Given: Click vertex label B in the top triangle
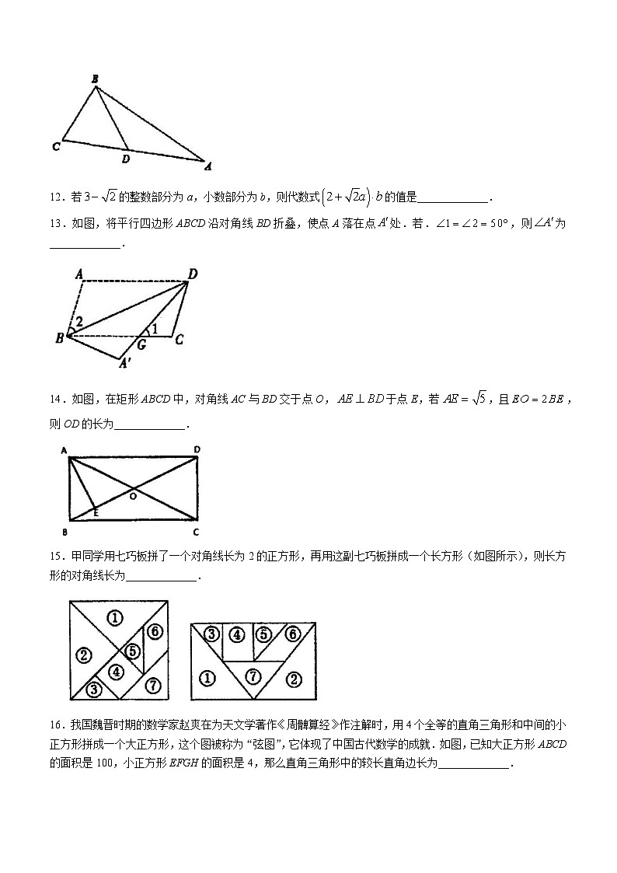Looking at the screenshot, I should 95,79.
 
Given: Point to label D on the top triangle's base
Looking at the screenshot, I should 126,159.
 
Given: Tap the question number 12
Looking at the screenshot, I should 55,198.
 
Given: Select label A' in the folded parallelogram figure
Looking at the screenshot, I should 124,362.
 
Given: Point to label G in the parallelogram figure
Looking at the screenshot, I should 141,343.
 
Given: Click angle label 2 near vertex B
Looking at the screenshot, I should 78,320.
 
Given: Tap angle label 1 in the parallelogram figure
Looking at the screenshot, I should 155,329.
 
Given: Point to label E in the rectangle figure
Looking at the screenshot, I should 96,513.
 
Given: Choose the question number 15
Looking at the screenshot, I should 55,556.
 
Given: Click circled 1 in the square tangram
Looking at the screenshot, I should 115,619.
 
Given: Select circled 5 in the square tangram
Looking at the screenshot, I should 134,651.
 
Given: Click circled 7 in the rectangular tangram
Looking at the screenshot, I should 253,675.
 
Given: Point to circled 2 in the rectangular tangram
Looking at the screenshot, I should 294,679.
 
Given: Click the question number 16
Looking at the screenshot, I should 55,725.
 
